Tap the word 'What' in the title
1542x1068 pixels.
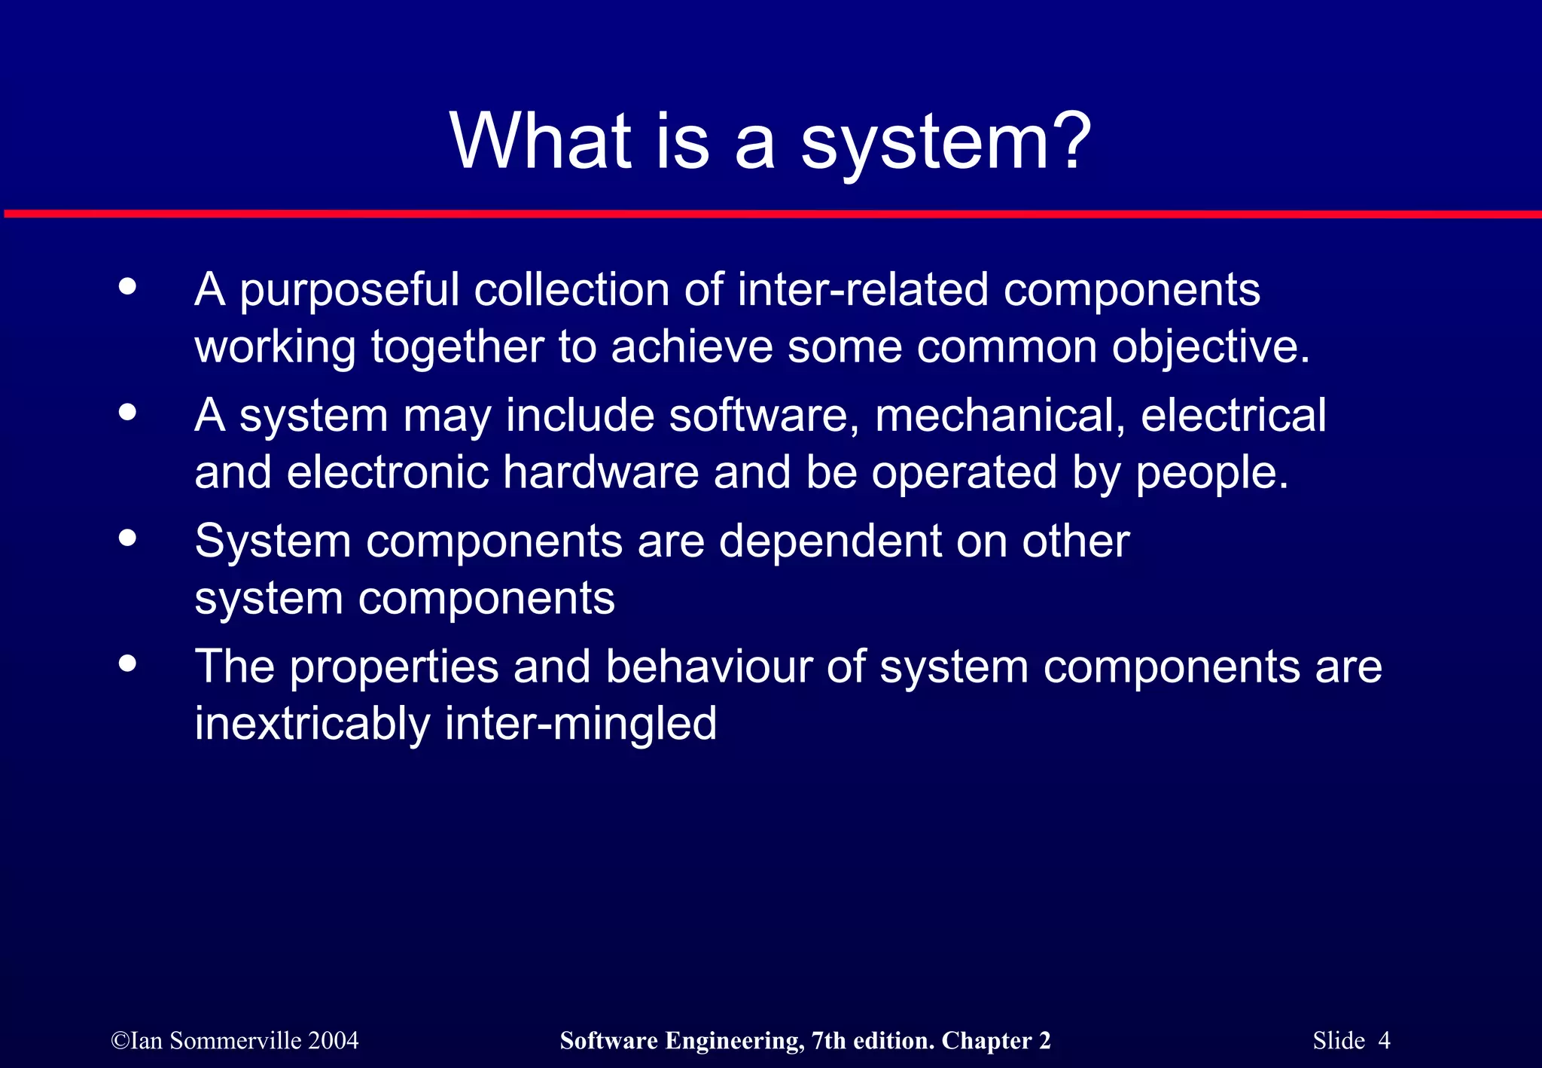click(x=541, y=141)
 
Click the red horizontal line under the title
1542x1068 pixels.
click(x=771, y=215)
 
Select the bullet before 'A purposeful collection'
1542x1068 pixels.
click(x=128, y=287)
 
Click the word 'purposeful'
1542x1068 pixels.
click(x=349, y=291)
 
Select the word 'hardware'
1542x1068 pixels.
click(x=601, y=473)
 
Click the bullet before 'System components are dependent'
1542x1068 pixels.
click(x=128, y=538)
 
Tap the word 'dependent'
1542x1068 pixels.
click(x=830, y=542)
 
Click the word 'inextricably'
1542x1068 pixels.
click(x=312, y=725)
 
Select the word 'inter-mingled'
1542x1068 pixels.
click(x=581, y=725)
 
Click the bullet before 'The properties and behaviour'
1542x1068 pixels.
click(x=128, y=664)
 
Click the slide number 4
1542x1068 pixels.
click(x=1384, y=1041)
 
